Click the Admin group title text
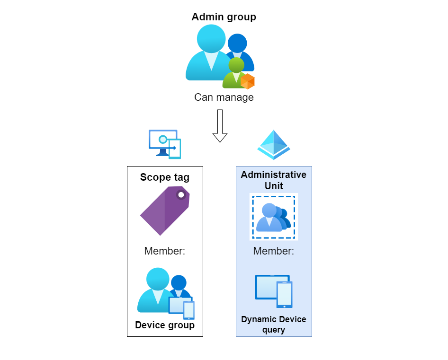coord(224,17)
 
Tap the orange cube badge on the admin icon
coord(248,81)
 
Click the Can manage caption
coord(224,97)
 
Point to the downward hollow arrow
coord(220,125)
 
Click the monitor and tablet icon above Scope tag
coord(165,144)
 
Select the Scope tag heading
coord(165,177)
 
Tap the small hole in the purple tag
coord(181,194)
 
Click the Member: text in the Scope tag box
coord(165,251)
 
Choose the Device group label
coord(165,325)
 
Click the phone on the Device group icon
coord(189,310)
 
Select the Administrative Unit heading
coord(274,180)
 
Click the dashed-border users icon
coord(273,217)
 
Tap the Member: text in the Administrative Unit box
coord(274,251)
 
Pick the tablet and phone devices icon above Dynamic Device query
coord(274,290)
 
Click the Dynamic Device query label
coord(274,325)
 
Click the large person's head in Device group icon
coord(157,279)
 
